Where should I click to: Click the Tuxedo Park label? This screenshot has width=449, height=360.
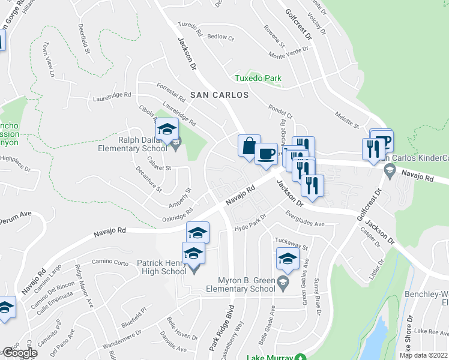258,78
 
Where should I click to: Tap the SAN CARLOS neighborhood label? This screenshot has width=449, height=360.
220,95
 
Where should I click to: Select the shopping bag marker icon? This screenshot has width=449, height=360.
249,146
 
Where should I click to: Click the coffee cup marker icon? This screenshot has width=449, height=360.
266,154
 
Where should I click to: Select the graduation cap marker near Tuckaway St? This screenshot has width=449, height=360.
288,259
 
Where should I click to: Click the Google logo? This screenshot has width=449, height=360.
19,353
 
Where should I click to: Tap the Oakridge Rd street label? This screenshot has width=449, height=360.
177,214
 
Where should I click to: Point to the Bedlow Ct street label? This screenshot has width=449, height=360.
220,37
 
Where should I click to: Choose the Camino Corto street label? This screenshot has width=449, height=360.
110,262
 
